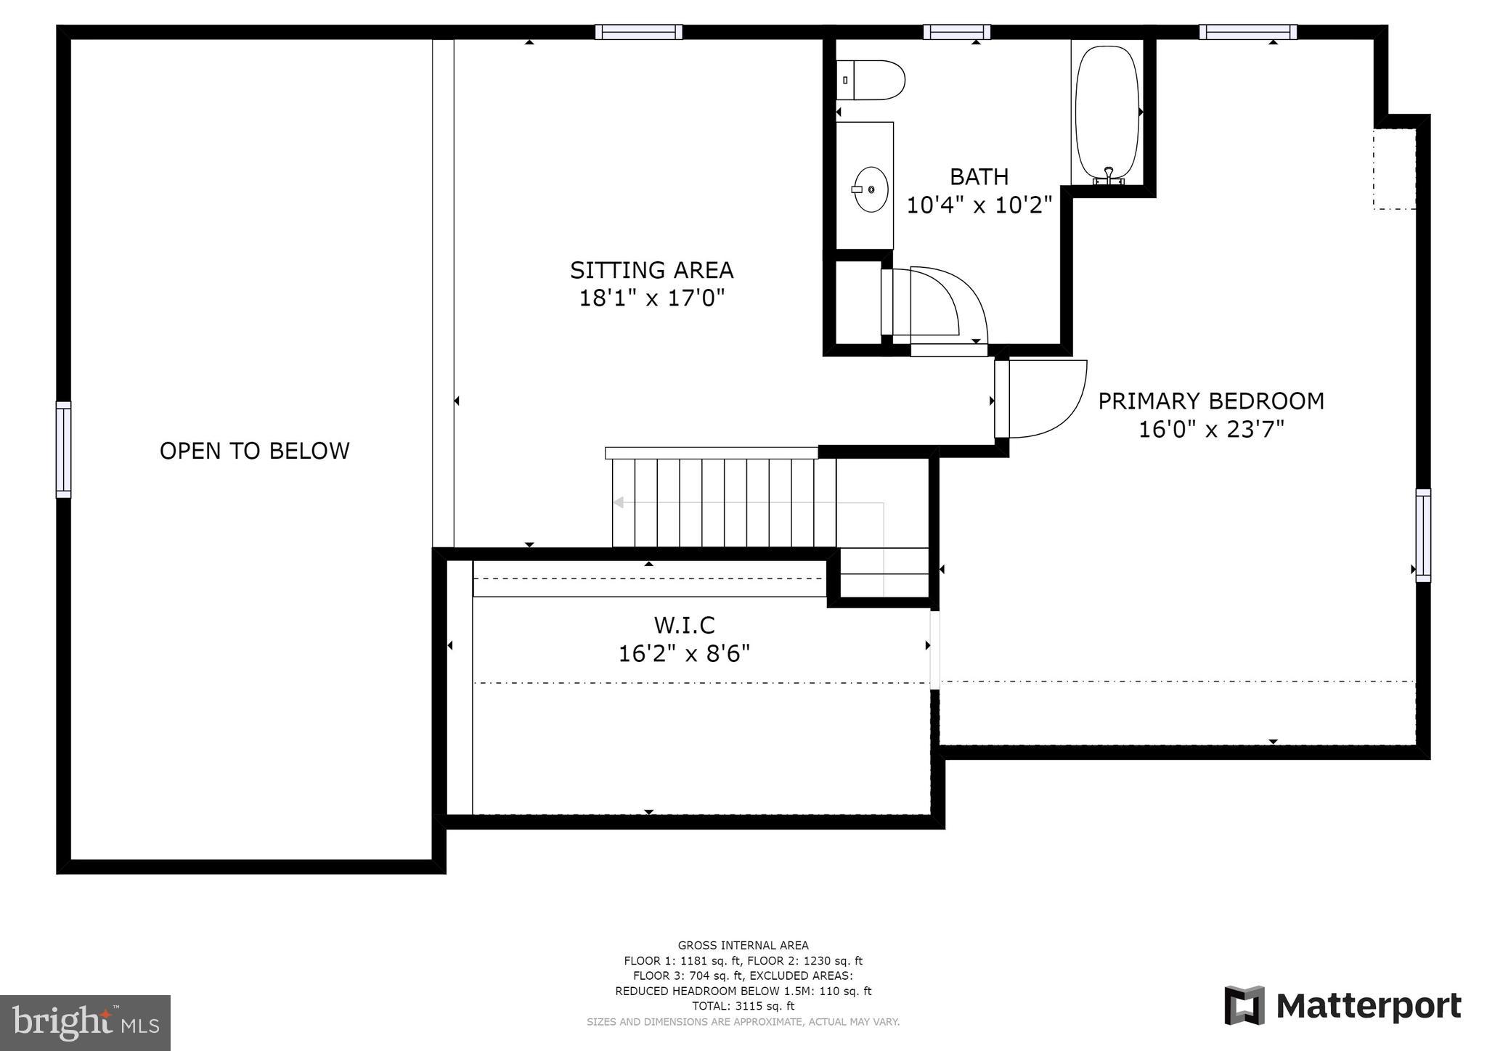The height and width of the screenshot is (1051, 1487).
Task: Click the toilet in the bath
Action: point(871,80)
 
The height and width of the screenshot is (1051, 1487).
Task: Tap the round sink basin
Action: point(871,189)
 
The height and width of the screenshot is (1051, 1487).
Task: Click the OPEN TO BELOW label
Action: point(255,451)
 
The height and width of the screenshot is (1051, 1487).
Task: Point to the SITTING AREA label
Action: point(651,270)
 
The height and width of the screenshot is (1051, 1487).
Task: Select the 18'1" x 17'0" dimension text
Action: point(652,298)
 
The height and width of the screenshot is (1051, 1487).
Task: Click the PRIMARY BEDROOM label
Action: point(1211,401)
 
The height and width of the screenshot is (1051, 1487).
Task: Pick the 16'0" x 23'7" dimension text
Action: point(1211,430)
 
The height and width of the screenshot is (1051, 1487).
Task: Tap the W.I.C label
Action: point(685,625)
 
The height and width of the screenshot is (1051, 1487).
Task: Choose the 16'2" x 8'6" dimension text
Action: point(684,654)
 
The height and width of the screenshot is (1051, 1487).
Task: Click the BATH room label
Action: point(979,176)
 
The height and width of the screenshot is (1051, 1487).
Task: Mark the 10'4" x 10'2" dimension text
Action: point(979,205)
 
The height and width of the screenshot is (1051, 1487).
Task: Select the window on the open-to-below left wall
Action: point(64,450)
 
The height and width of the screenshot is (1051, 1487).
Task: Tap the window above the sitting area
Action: point(639,32)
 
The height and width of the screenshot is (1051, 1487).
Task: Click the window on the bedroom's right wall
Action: point(1423,536)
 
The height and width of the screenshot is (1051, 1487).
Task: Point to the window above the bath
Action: point(957,32)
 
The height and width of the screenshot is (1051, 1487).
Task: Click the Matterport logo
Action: point(1343,1006)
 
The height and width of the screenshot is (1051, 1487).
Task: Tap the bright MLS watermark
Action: point(86,1023)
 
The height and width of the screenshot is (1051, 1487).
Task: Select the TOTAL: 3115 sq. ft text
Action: point(743,1006)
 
